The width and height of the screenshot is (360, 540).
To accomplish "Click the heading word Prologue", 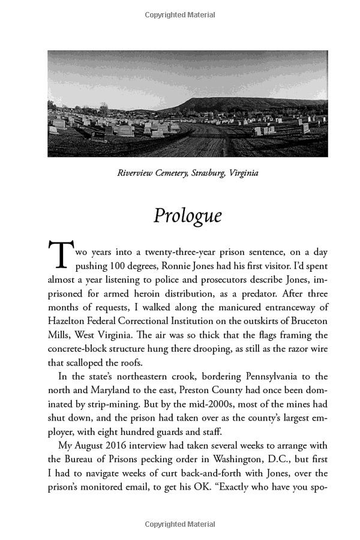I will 187,215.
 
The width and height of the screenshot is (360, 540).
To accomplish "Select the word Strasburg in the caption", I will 206,173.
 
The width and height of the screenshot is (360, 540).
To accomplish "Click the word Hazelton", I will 68,321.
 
